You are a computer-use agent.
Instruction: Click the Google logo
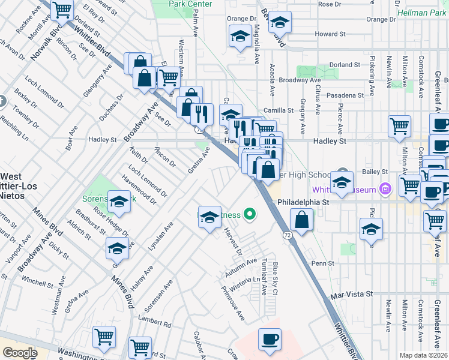click(x=20, y=353)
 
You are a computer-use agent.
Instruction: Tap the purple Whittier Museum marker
click(x=387, y=190)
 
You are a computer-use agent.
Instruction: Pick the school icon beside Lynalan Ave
click(x=117, y=247)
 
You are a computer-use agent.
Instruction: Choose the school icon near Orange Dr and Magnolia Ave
click(x=240, y=36)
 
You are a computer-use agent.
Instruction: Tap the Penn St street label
click(x=322, y=263)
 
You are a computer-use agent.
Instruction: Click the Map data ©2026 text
click(x=423, y=355)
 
